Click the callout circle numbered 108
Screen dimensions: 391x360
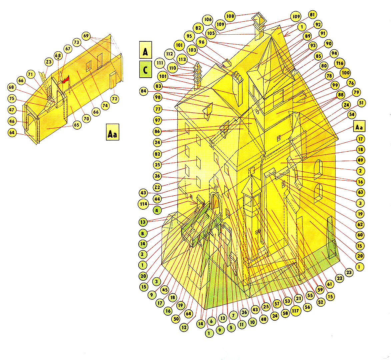tap(230, 16)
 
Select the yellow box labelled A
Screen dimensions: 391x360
tap(145, 50)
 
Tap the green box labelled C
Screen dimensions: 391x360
tap(145, 69)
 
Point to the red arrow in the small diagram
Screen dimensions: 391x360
tap(66, 80)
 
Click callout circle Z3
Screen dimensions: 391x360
tap(49, 62)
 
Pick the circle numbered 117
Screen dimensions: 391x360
tap(295, 311)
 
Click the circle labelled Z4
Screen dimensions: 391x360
tap(346, 105)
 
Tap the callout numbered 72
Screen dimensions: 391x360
tap(114, 99)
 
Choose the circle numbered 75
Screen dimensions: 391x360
tap(12, 98)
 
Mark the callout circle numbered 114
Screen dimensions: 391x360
tap(143, 204)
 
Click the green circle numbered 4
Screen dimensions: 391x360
tap(157, 210)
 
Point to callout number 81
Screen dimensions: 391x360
tap(312, 15)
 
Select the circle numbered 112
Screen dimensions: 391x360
tap(170, 54)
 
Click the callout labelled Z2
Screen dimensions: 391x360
tap(157, 187)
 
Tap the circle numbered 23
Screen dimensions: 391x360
tap(349, 272)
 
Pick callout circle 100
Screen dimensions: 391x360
tap(346, 73)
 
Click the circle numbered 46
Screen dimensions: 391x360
tap(12, 121)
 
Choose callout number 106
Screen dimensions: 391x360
tap(208, 19)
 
